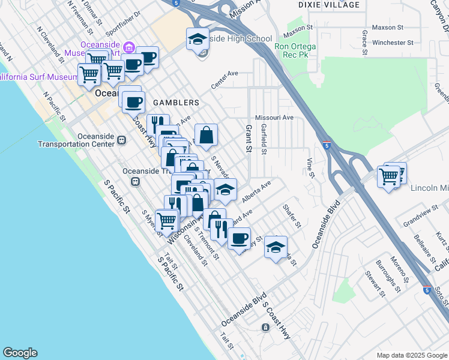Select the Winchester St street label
click(x=393, y=43)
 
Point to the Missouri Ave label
click(x=274, y=118)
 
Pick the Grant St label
click(x=247, y=139)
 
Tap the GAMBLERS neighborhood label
click(x=175, y=103)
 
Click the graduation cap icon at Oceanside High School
click(x=197, y=40)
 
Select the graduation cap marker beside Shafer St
click(x=276, y=248)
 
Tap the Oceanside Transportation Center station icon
click(x=121, y=140)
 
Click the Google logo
click(x=20, y=353)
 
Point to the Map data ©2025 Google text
click(x=411, y=355)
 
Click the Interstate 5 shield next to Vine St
click(x=326, y=145)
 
